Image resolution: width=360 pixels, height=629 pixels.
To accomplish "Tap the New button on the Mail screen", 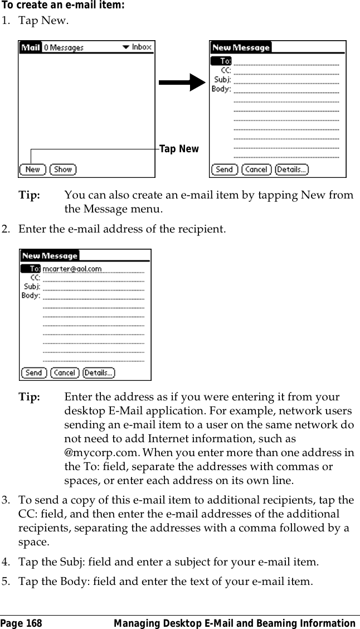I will [32, 170].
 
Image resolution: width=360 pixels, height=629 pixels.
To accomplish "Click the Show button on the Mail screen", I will [63, 170].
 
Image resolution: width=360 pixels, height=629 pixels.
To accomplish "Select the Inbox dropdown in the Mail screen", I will [137, 47].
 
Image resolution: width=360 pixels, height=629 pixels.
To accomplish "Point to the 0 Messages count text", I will [64, 48].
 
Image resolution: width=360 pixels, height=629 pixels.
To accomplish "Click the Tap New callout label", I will [179, 149].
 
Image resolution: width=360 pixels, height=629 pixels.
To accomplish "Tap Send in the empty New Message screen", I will [224, 170].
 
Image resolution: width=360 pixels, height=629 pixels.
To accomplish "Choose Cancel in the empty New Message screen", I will [256, 170].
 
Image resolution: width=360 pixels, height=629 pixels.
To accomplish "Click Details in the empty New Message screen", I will [291, 170].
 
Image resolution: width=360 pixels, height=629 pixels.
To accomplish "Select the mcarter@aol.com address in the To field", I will [72, 269].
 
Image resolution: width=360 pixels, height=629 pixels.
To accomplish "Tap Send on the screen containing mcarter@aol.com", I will [33, 372].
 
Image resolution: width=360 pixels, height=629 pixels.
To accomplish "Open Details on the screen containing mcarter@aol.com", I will [99, 372].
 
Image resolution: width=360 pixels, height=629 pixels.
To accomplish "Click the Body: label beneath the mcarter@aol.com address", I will [31, 296].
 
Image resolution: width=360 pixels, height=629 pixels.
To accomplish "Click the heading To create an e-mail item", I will [63, 5].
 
